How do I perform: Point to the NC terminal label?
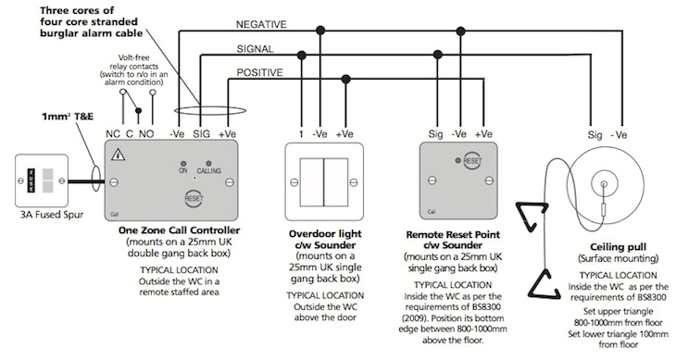[x=113, y=133]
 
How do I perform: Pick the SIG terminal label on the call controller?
[x=200, y=133]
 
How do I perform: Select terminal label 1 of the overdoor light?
[x=300, y=133]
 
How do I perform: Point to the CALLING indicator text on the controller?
[x=209, y=170]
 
